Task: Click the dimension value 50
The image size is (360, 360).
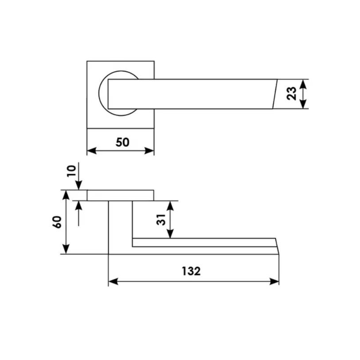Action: click(x=123, y=142)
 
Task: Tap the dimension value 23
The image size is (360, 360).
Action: click(x=292, y=94)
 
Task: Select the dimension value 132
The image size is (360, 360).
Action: click(x=191, y=271)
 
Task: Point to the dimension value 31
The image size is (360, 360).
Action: click(x=161, y=220)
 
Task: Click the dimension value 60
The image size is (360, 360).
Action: click(x=57, y=222)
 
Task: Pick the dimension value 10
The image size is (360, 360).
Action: click(x=71, y=171)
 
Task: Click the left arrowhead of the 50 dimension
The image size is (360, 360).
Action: click(x=92, y=151)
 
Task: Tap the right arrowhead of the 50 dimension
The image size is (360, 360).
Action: click(x=149, y=151)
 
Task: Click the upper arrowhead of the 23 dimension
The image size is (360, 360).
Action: click(x=303, y=84)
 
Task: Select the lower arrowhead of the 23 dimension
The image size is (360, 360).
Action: click(x=303, y=104)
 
